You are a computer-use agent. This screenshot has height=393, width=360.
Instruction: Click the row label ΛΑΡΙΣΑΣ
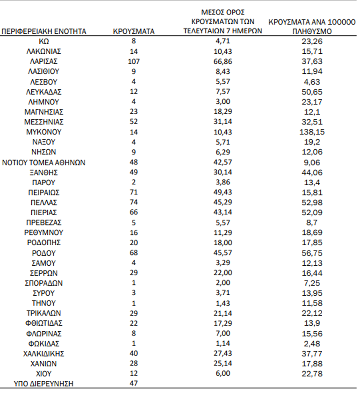pos(44,61)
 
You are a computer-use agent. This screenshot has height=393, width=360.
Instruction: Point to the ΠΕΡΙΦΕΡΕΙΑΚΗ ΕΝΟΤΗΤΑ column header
pos(44,32)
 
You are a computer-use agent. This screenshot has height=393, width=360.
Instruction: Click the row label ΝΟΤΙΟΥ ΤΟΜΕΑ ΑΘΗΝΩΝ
pos(44,162)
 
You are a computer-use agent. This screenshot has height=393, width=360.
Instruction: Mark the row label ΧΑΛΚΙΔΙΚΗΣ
pos(44,353)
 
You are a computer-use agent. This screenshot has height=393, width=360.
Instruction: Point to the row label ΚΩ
pos(44,41)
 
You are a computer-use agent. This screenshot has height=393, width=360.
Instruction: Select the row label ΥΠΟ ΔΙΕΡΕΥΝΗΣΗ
pos(44,384)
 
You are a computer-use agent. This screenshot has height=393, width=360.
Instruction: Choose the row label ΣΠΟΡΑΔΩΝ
pos(44,283)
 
